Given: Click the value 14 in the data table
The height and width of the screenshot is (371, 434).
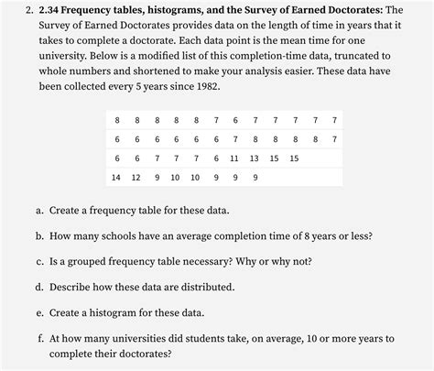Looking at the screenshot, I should [x=115, y=178].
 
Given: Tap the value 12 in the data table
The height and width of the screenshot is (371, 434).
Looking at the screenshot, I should [x=136, y=178].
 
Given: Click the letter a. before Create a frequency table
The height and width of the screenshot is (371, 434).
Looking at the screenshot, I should [x=40, y=210].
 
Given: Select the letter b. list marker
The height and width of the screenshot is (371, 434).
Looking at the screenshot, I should [x=40, y=235].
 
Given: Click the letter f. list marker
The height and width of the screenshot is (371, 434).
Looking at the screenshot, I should [x=41, y=338].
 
